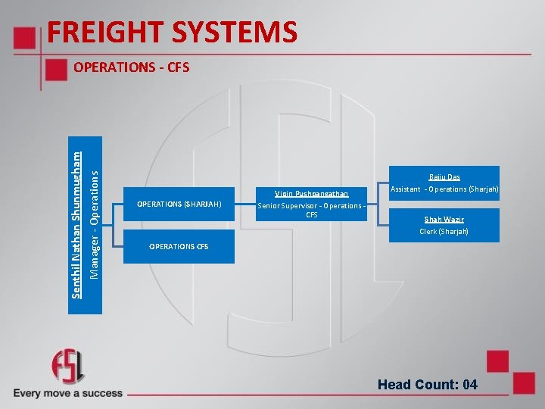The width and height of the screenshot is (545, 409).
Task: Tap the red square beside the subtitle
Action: (56, 69)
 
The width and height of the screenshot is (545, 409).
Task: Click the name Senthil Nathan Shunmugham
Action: (76, 214)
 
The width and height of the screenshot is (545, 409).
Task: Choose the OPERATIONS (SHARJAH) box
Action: (179, 204)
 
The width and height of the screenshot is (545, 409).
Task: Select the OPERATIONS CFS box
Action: (179, 247)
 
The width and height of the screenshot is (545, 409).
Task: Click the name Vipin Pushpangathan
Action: (311, 194)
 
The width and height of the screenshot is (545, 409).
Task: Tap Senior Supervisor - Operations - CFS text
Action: (311, 209)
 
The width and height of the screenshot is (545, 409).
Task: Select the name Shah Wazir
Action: (444, 220)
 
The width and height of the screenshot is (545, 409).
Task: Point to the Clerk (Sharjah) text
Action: (444, 231)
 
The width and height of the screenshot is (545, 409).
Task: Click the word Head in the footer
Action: (395, 385)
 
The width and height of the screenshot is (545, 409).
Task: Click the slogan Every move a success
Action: (67, 393)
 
